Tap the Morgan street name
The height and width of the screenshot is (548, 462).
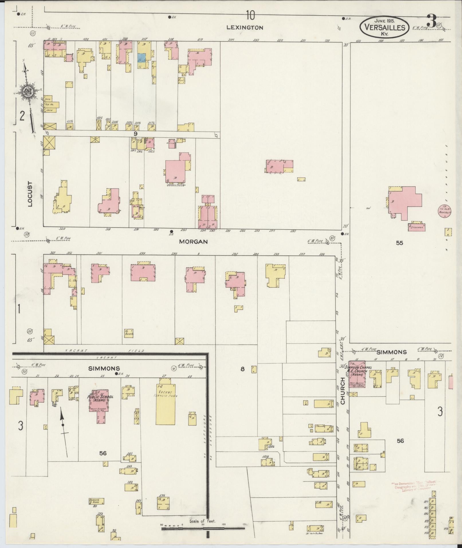coord(193,241)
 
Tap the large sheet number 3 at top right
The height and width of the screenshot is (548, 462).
coord(432,20)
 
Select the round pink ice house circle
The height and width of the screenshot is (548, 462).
coord(445,211)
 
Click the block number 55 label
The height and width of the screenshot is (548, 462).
coord(399,243)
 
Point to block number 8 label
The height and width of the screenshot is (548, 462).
coord(243,369)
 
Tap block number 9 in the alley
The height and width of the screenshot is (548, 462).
coord(135,133)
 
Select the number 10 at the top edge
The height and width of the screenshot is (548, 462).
coord(250,15)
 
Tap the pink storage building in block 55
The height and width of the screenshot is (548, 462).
coord(417,227)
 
